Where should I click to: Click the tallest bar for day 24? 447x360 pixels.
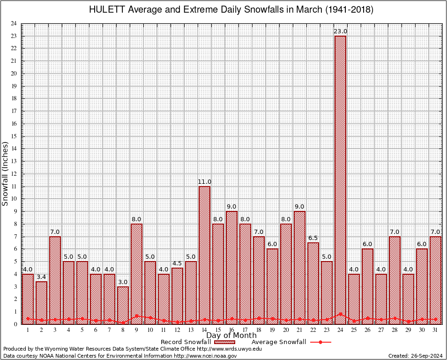coord(340,178)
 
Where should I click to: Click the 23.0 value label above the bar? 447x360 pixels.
coord(340,31)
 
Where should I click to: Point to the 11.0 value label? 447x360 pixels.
coord(204,182)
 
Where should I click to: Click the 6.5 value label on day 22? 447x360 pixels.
coord(313,238)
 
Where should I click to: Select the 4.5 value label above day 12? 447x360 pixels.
coord(177,263)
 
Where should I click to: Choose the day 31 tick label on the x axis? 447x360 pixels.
coord(435,330)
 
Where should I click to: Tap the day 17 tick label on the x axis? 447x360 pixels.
coord(245,330)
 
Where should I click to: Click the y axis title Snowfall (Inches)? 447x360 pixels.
coord(5,174)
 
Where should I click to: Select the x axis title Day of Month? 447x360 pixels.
coord(231,336)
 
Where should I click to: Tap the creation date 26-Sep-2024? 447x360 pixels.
coord(424,356)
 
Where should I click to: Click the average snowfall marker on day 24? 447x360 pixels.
coord(340,314)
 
